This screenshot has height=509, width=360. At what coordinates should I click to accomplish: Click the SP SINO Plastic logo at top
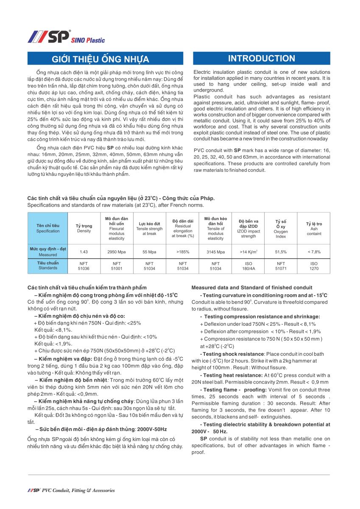tap(66, 37)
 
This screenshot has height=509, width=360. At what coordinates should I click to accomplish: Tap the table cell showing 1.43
tap(84, 252)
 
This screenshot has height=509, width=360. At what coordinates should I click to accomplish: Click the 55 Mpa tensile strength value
tap(149, 252)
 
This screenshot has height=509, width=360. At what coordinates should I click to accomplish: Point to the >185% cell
tap(183, 252)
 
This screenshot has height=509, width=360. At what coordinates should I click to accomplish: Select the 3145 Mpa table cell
tap(215, 252)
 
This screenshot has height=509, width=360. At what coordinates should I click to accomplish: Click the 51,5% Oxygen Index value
tap(281, 252)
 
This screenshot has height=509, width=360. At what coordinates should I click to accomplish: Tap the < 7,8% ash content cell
tap(314, 252)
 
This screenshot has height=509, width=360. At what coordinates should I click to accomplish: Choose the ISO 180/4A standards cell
tap(248, 266)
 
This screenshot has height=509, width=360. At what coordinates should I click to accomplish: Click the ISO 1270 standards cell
tap(314, 266)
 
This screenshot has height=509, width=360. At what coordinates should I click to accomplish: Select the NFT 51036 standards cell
tap(84, 266)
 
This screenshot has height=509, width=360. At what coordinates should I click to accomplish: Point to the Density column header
tap(84, 229)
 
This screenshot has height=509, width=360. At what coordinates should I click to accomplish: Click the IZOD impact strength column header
tap(248, 229)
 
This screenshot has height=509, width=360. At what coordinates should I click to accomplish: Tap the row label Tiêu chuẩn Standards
tap(48, 266)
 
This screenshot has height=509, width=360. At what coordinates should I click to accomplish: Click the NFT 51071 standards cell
tap(281, 266)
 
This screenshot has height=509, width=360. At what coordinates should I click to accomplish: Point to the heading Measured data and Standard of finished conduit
tap(252, 288)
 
